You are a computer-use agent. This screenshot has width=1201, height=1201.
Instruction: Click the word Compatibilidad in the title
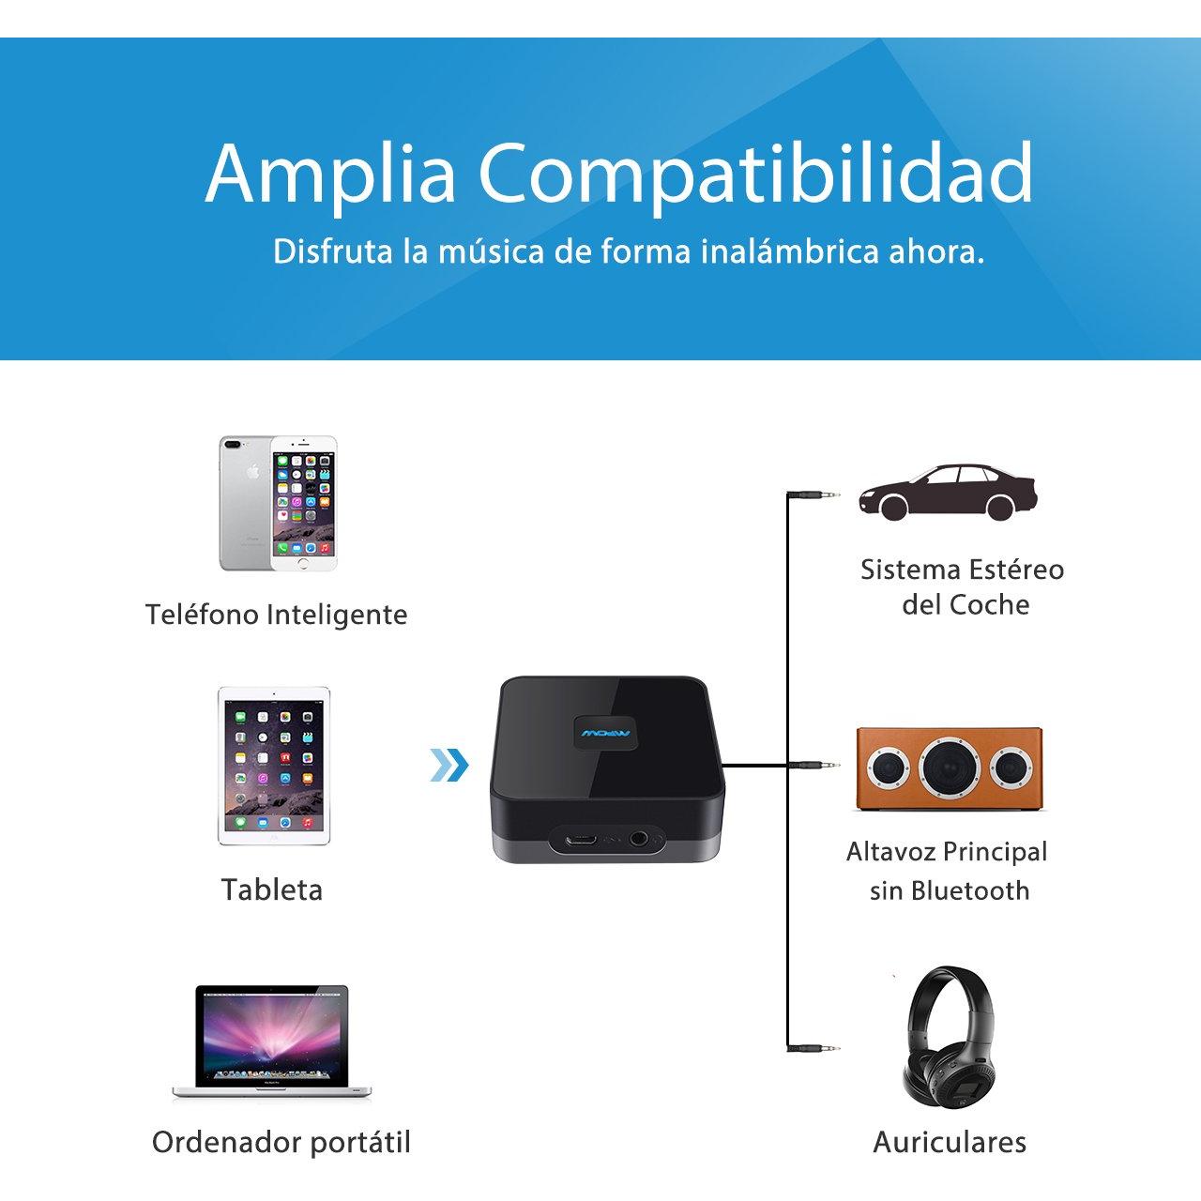[x=754, y=175]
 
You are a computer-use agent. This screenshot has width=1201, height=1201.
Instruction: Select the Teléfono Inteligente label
[x=276, y=616]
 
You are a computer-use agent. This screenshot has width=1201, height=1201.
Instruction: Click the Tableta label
[x=272, y=889]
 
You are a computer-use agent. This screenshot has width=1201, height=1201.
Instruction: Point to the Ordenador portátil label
[x=281, y=1143]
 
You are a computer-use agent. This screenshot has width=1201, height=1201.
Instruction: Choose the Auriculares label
[x=950, y=1142]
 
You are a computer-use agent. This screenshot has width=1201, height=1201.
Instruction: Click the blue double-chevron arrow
[x=448, y=765]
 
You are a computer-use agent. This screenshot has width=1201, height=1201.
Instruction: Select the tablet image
[x=274, y=766]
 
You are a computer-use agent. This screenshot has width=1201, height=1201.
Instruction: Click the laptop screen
[x=272, y=1036]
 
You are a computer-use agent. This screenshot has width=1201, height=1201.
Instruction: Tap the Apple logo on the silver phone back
[x=251, y=472]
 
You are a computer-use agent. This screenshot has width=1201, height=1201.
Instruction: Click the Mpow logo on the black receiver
[x=605, y=732]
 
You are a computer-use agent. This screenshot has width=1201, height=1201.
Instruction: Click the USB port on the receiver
[x=581, y=839]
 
